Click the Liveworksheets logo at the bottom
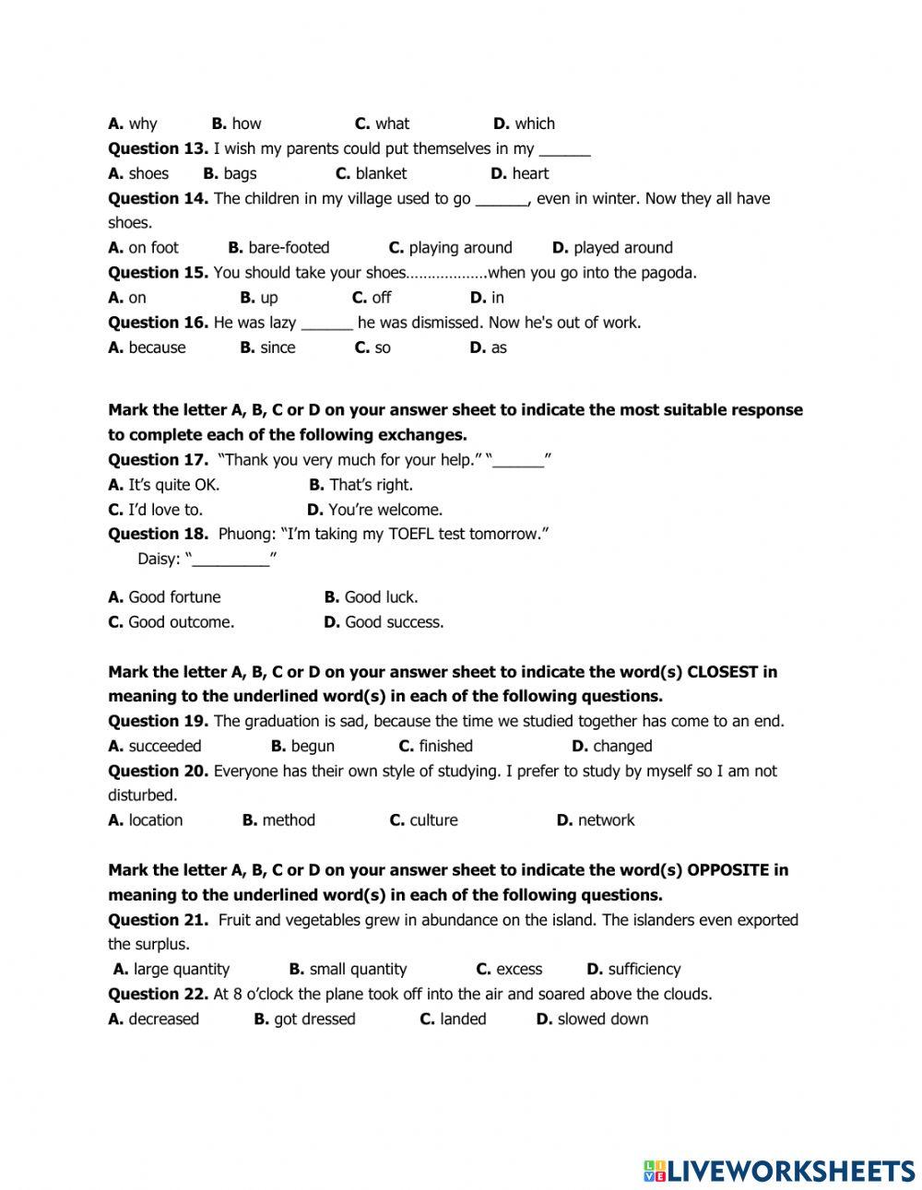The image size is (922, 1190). [x=779, y=1170]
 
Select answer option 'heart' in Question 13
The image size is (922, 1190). [x=530, y=173]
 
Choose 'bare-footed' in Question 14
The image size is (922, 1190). [x=289, y=247]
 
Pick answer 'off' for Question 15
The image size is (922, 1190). [x=381, y=297]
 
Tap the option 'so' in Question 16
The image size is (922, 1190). [x=383, y=348]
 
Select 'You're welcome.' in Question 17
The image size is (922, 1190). [x=384, y=509]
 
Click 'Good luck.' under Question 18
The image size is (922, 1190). [x=381, y=596]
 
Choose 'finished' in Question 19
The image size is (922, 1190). [x=445, y=746]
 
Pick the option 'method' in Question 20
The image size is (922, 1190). [x=289, y=819]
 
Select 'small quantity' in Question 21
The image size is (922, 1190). [x=358, y=969]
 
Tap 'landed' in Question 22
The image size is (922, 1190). [x=463, y=1019]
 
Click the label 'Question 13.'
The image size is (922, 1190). [x=158, y=148]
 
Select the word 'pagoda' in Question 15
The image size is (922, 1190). [x=670, y=272]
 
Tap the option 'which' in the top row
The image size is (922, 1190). [x=535, y=124]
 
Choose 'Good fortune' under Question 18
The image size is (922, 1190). [x=174, y=596]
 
